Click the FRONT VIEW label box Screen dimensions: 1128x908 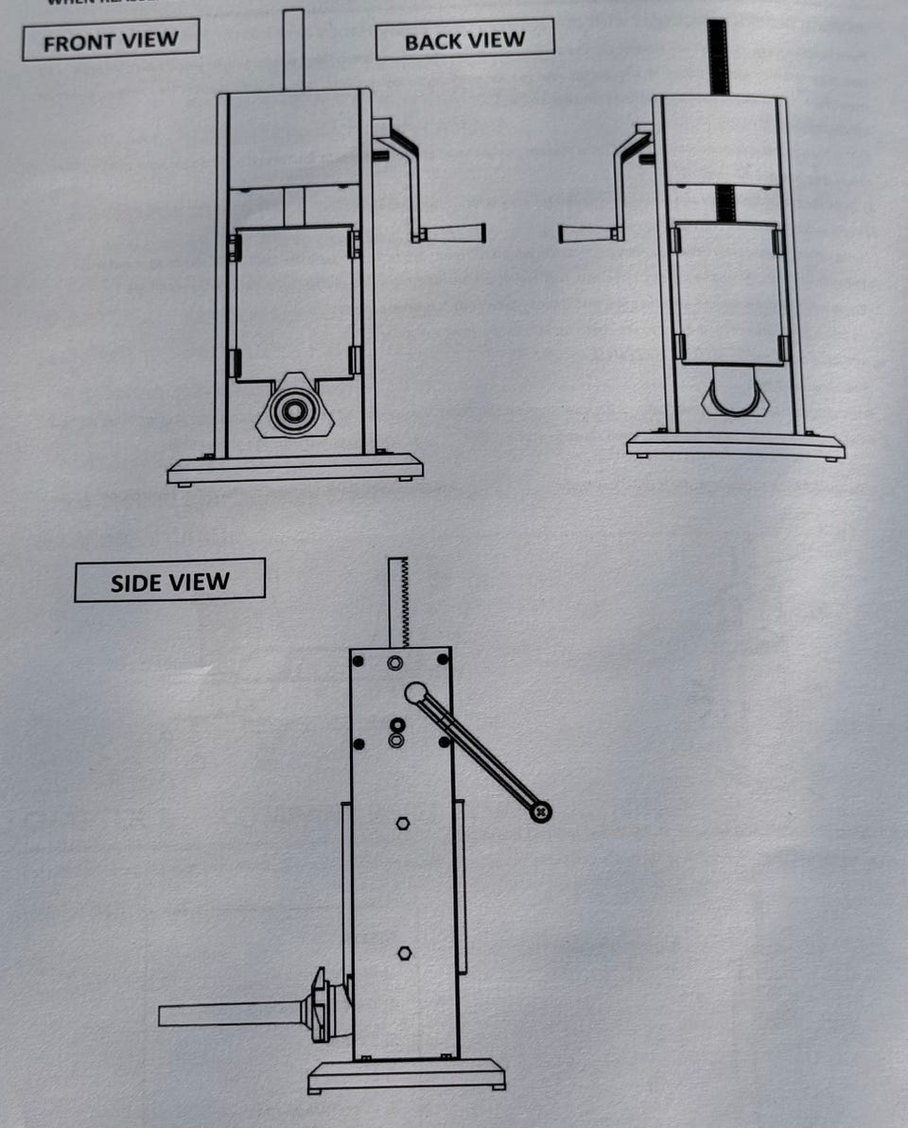111,41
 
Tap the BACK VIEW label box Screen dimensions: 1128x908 464,41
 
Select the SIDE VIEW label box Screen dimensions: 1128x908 169,581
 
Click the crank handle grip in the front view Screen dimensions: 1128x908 453,234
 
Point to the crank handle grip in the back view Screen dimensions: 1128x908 587,234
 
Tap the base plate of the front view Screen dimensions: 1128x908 295,468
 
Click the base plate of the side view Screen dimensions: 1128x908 406,1074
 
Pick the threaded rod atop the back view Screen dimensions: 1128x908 718,57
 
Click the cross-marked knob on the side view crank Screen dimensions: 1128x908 540,810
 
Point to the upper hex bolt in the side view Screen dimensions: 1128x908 402,823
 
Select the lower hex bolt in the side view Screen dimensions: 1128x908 404,951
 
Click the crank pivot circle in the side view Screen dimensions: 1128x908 414,693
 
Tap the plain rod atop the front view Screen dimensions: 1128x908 293,49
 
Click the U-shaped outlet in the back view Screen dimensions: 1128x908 732,395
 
